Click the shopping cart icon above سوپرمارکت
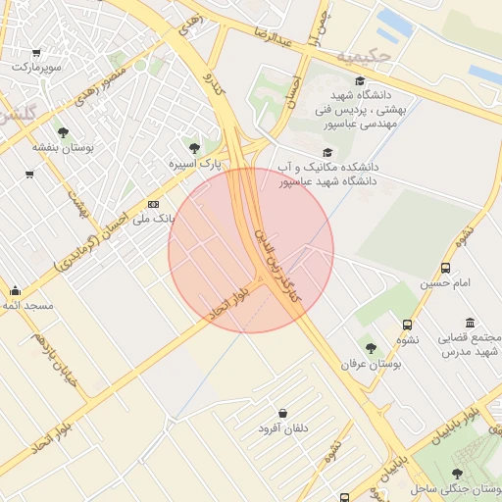point(36,53)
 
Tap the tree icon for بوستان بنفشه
point(64,132)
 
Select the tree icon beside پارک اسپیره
point(194,148)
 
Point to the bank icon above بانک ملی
point(152,204)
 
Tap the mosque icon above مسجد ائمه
point(15,290)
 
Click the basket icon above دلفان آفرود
point(283,414)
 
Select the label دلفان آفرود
point(283,429)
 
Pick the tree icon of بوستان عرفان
point(371,347)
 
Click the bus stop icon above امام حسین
point(446,268)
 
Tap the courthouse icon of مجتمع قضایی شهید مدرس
point(471,323)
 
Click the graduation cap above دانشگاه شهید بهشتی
point(359,81)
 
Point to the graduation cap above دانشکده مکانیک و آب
point(326,152)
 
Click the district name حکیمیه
point(364,57)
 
